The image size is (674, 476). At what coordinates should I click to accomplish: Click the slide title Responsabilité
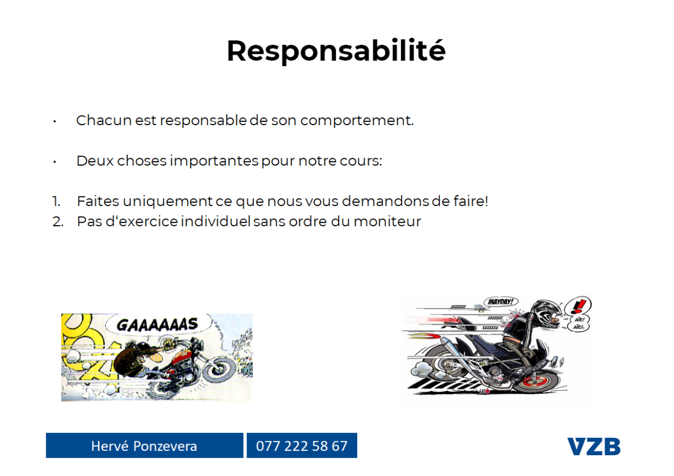(336, 51)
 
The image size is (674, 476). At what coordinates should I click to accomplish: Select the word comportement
(357, 121)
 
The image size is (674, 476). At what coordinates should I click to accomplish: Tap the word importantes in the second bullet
(214, 161)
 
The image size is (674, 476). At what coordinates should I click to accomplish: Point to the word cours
(361, 161)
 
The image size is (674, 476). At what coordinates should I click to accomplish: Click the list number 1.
(56, 201)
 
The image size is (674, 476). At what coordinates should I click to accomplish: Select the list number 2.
(58, 222)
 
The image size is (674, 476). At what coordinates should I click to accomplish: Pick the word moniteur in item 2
(387, 222)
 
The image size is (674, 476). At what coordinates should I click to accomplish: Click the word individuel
(216, 222)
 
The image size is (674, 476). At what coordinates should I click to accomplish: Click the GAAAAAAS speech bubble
(158, 324)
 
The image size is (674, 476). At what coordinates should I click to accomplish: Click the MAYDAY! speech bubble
(501, 301)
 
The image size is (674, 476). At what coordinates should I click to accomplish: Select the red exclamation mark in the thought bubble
(579, 306)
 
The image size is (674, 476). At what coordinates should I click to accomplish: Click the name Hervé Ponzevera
(144, 446)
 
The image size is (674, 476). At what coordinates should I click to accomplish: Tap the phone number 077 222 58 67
(302, 446)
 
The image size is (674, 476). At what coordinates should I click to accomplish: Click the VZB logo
(594, 447)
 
